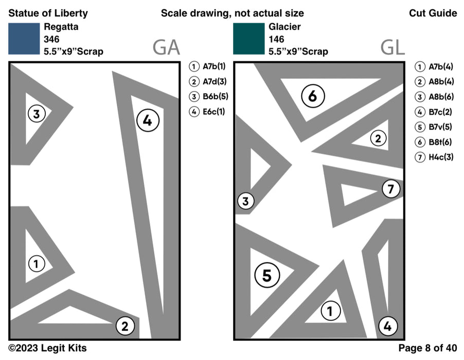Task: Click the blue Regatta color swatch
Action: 24,39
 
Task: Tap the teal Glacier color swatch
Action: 249,39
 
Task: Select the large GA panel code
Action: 166,48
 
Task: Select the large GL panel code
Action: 392,48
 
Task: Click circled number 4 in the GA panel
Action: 148,121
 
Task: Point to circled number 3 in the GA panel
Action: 36,114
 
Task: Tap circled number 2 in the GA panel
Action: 125,325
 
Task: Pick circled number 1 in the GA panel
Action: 36,264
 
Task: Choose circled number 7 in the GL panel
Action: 391,189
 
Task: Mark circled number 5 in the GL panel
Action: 266,276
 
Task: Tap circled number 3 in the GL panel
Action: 246,202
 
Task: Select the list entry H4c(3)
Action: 435,157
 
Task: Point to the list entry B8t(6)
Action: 435,142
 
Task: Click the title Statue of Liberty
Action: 48,13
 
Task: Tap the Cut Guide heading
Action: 433,13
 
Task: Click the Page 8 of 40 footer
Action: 427,349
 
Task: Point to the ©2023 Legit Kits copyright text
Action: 47,349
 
